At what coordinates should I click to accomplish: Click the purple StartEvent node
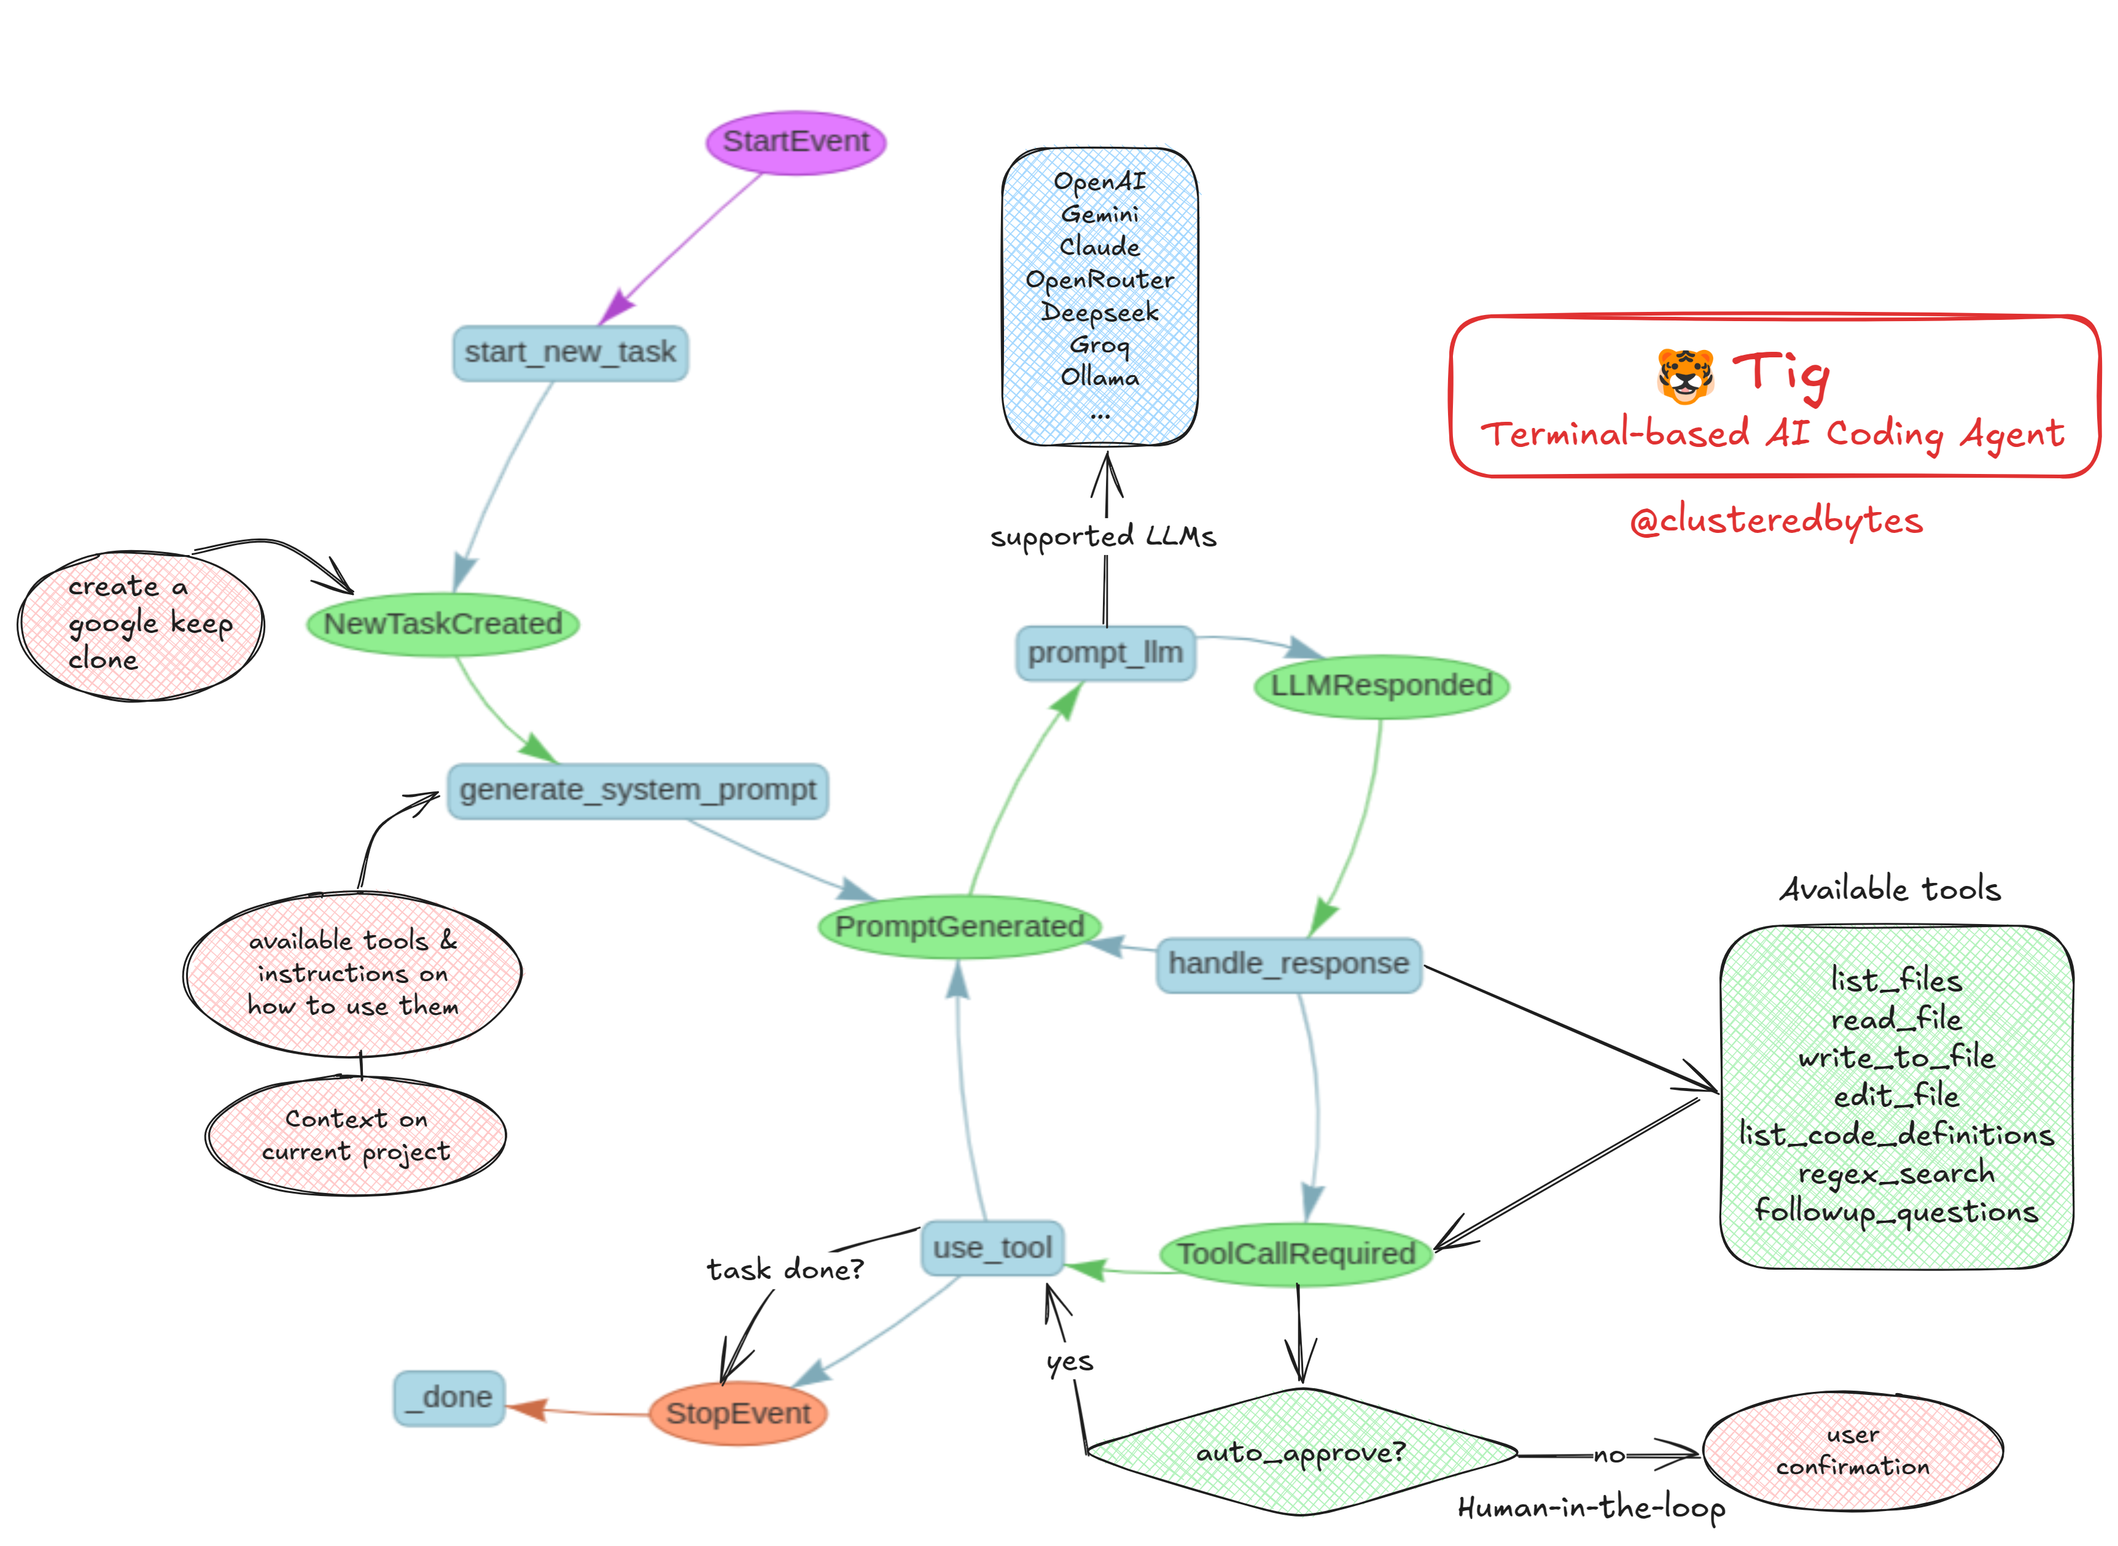coord(795,142)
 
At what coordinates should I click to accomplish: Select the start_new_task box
coord(570,353)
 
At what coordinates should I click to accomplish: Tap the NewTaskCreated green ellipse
coord(443,624)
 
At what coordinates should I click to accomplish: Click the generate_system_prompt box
coord(637,791)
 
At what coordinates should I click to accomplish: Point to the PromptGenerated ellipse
coord(959,926)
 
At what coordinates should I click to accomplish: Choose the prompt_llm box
coord(1105,653)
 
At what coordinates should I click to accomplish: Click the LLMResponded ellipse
coord(1382,686)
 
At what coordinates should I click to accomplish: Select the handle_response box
coord(1289,964)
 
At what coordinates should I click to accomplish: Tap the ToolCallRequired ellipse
coord(1296,1254)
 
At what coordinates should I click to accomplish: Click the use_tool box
coord(993,1248)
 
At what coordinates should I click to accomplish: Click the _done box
coord(450,1398)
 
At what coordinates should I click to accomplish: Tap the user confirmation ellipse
coord(1853,1451)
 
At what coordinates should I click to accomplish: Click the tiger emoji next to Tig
coord(1686,376)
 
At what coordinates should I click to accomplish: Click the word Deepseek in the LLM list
coord(1100,313)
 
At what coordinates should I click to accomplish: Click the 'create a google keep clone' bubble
coord(141,625)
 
